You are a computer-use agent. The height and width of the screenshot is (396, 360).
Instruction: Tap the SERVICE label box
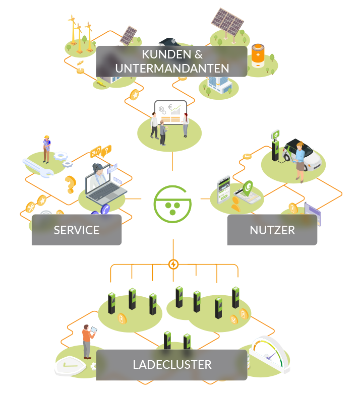pyautogui.click(x=77, y=230)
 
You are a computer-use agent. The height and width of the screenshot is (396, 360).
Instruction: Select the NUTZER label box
pyautogui.click(x=272, y=230)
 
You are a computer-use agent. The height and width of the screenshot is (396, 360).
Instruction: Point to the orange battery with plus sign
pyautogui.click(x=258, y=56)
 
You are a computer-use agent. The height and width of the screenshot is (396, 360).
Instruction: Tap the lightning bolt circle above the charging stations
pyautogui.click(x=173, y=264)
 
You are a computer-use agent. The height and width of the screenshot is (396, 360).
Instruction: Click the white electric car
pyautogui.click(x=305, y=154)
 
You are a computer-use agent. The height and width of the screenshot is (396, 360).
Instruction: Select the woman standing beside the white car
pyautogui.click(x=299, y=161)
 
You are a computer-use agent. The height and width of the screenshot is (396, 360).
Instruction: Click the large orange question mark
pyautogui.click(x=71, y=184)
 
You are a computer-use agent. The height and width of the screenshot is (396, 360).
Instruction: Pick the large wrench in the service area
pyautogui.click(x=38, y=168)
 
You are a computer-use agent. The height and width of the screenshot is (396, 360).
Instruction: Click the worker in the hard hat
pyautogui.click(x=46, y=149)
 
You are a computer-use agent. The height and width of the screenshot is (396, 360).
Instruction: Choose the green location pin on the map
pyautogui.click(x=247, y=188)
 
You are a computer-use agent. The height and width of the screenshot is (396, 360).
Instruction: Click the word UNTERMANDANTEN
pyautogui.click(x=172, y=68)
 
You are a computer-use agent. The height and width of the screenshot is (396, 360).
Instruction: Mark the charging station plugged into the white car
pyautogui.click(x=276, y=146)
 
